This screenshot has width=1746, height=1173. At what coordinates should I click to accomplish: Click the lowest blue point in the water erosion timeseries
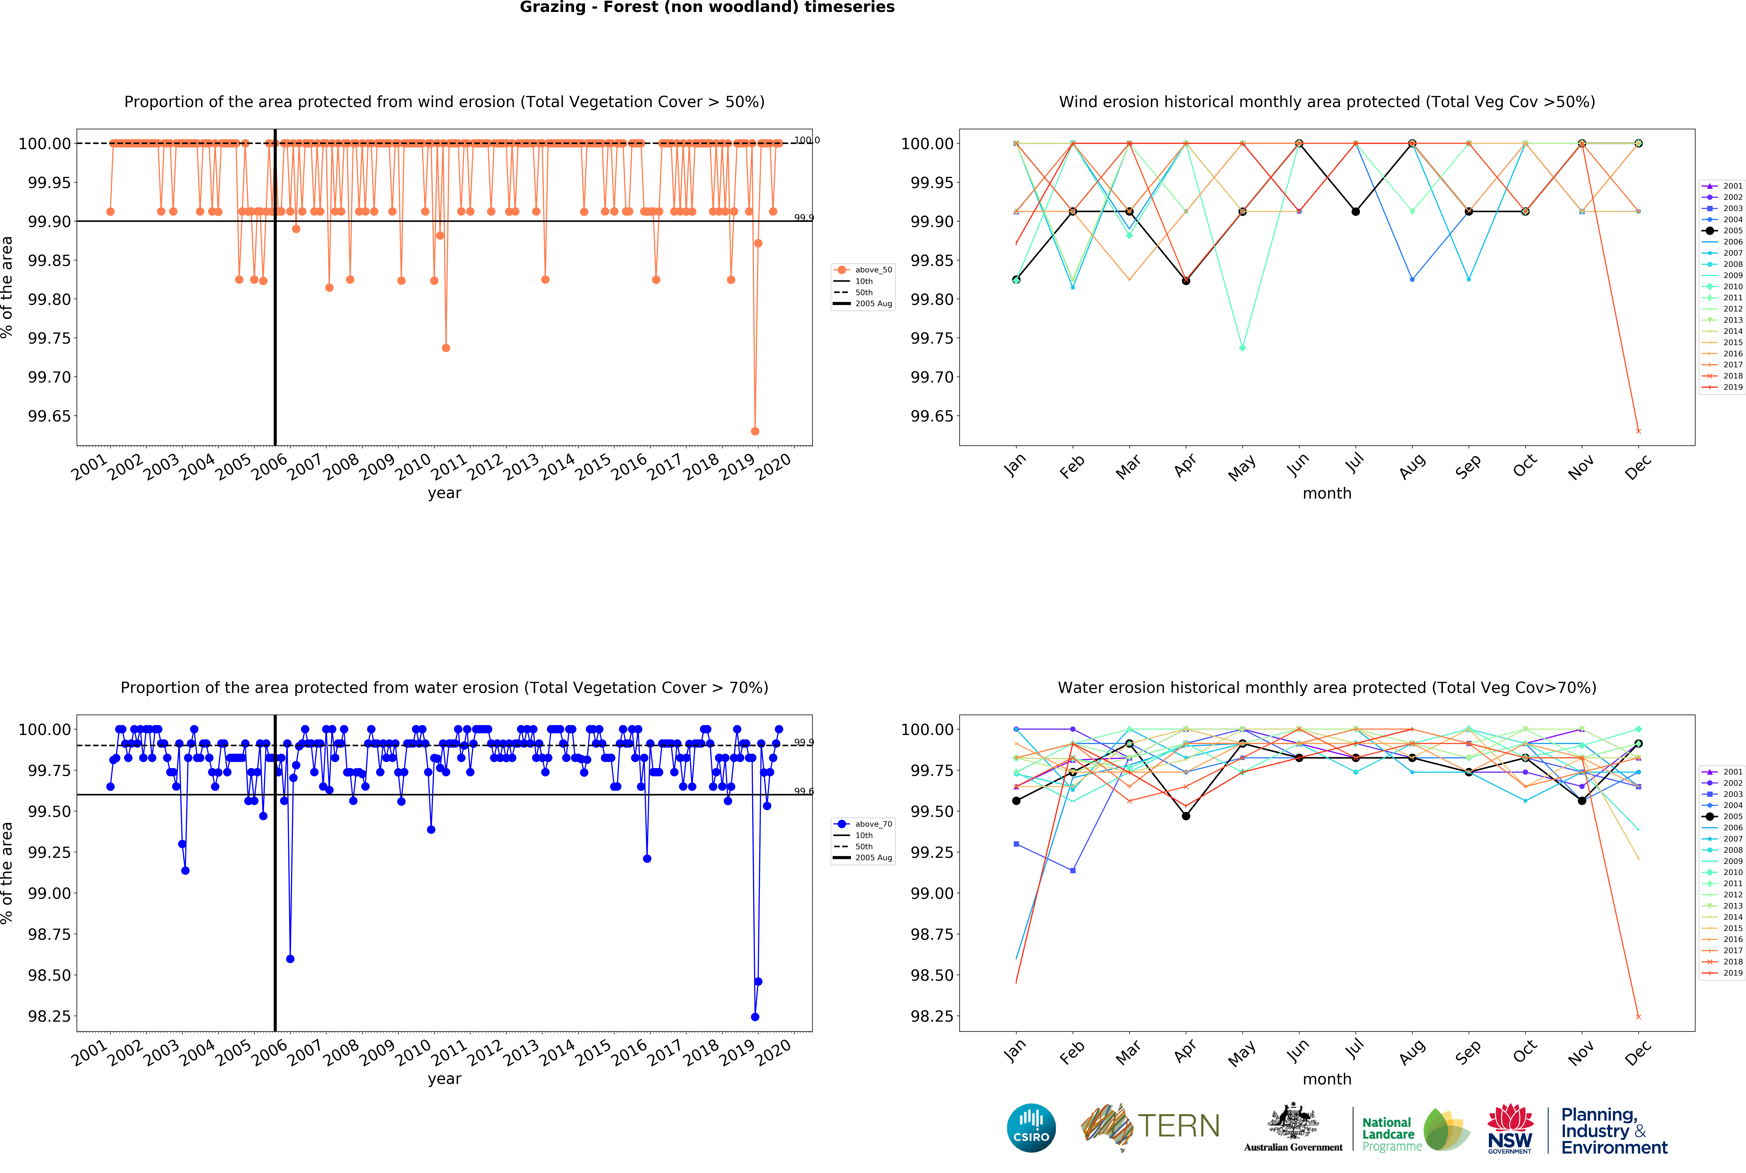(755, 1017)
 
